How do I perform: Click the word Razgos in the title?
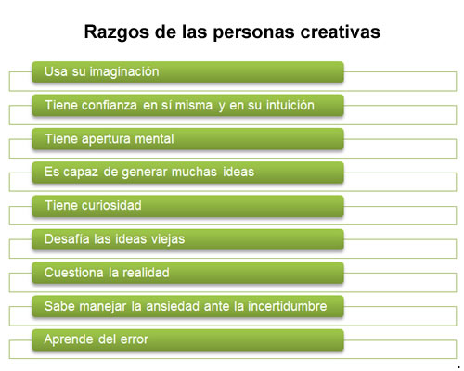pos(117,32)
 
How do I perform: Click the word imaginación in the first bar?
pos(124,71)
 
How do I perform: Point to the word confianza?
pos(110,105)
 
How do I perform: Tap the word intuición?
pos(290,105)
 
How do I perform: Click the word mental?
pos(154,138)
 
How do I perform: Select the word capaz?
pos(81,173)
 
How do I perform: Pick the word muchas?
pos(194,172)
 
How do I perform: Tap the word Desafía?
pos(67,239)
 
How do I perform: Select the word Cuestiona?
pos(74,273)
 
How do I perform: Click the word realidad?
pos(146,273)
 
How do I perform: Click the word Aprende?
pos(69,340)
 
